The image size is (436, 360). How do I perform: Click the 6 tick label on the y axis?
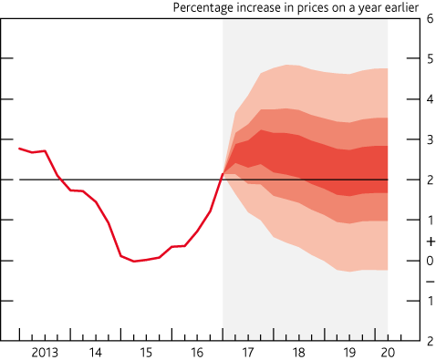(x=429, y=19)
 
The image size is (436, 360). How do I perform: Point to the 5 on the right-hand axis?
(x=429, y=59)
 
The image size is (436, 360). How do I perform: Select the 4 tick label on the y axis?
(x=429, y=99)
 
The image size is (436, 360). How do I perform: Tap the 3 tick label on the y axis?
(x=429, y=139)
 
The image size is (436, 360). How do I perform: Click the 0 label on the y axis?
(x=429, y=261)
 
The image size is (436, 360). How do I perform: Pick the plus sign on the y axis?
(x=429, y=242)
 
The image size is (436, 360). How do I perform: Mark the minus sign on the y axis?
(x=429, y=280)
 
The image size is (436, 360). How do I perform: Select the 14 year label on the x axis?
(x=95, y=351)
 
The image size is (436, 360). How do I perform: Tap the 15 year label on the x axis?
(x=146, y=351)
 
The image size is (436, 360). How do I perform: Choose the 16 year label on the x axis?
(x=197, y=351)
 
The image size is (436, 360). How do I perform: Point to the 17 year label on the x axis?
(x=248, y=351)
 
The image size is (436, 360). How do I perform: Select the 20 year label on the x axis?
(x=388, y=351)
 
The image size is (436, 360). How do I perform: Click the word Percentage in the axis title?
(x=202, y=8)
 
